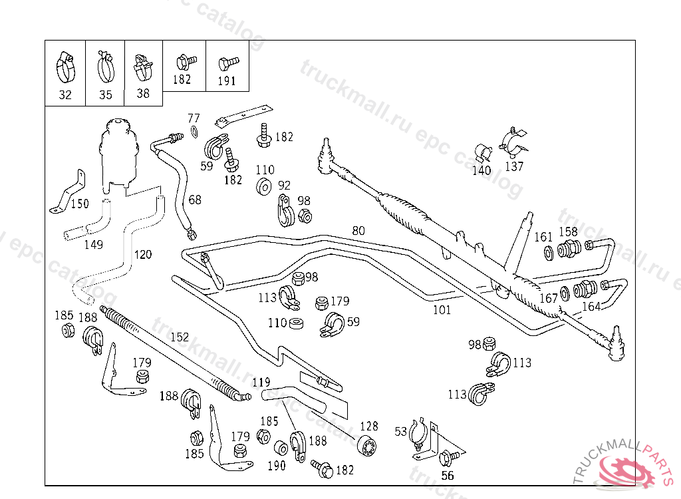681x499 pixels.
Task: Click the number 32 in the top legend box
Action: (65, 94)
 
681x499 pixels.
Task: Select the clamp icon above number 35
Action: (105, 65)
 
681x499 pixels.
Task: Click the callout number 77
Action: (194, 118)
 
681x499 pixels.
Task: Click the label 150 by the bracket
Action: (79, 204)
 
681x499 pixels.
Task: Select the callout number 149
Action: (93, 244)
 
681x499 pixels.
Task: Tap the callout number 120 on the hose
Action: (142, 254)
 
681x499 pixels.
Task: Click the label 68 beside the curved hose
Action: (194, 200)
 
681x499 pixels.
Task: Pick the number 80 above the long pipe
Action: (358, 231)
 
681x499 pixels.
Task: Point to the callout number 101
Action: (442, 309)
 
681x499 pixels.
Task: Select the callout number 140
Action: (481, 170)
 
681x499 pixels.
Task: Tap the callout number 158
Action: (568, 232)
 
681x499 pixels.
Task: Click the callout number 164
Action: (591, 306)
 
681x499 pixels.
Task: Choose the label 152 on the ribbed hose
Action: (179, 337)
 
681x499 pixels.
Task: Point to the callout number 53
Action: (400, 432)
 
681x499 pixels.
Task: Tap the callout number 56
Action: (448, 475)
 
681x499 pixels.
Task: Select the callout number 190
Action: (276, 466)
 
